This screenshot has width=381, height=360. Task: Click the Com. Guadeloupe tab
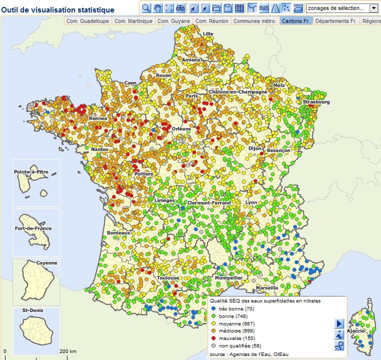click(87, 21)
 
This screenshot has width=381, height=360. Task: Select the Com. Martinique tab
click(133, 21)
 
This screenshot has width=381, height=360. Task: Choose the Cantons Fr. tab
click(296, 21)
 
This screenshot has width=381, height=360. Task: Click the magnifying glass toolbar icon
click(146, 8)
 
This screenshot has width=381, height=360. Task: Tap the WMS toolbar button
click(298, 8)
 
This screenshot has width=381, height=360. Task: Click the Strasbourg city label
click(316, 102)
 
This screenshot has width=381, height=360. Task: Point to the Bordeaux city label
click(118, 233)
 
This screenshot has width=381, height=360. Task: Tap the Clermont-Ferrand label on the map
click(209, 203)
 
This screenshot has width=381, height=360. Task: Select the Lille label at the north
click(208, 34)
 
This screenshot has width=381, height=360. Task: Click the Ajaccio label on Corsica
click(356, 331)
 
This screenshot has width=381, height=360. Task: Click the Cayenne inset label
click(47, 263)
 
